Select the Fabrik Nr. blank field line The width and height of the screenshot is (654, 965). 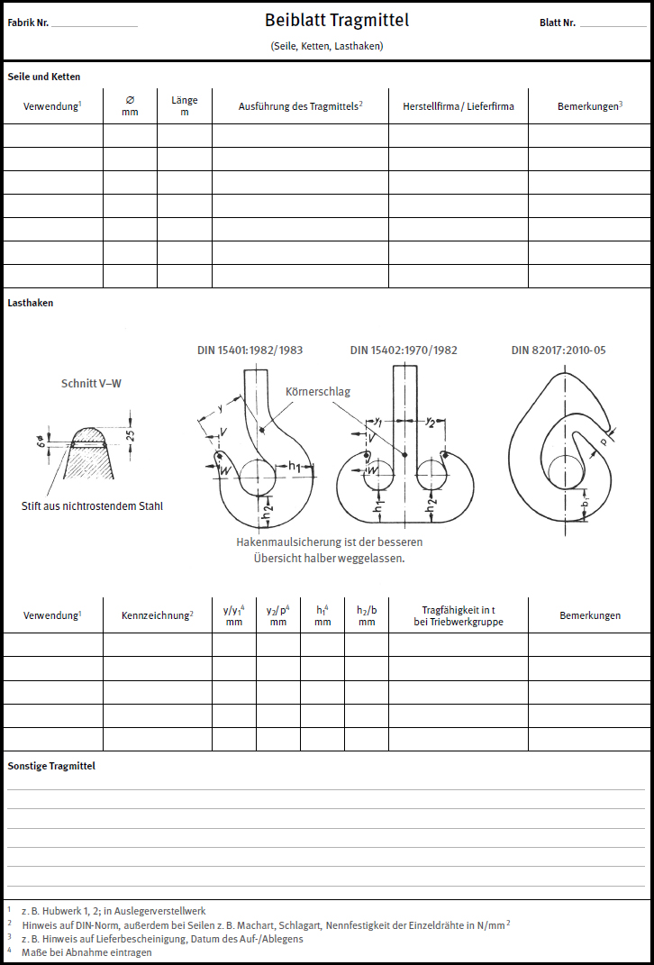click(x=95, y=25)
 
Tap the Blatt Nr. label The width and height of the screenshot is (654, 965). click(x=558, y=23)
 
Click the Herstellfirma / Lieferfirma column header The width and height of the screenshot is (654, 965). click(x=459, y=106)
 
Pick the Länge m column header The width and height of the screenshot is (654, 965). click(x=185, y=106)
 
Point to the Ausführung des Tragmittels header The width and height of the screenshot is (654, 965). click(x=300, y=106)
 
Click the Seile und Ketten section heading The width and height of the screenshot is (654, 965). click(x=44, y=77)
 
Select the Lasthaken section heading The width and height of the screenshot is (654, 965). click(x=31, y=304)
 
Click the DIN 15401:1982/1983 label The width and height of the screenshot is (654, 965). click(x=250, y=350)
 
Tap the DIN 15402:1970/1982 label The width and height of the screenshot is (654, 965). click(x=404, y=350)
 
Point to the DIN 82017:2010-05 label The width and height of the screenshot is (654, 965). click(x=559, y=350)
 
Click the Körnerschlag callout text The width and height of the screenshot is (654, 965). click(x=318, y=392)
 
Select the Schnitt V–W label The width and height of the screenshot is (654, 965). click(x=91, y=383)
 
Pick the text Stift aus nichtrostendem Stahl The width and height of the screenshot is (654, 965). click(x=92, y=506)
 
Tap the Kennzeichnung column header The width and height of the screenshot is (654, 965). click(x=158, y=615)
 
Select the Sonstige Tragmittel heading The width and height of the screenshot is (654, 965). click(x=51, y=766)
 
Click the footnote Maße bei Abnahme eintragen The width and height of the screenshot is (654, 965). click(x=86, y=951)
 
